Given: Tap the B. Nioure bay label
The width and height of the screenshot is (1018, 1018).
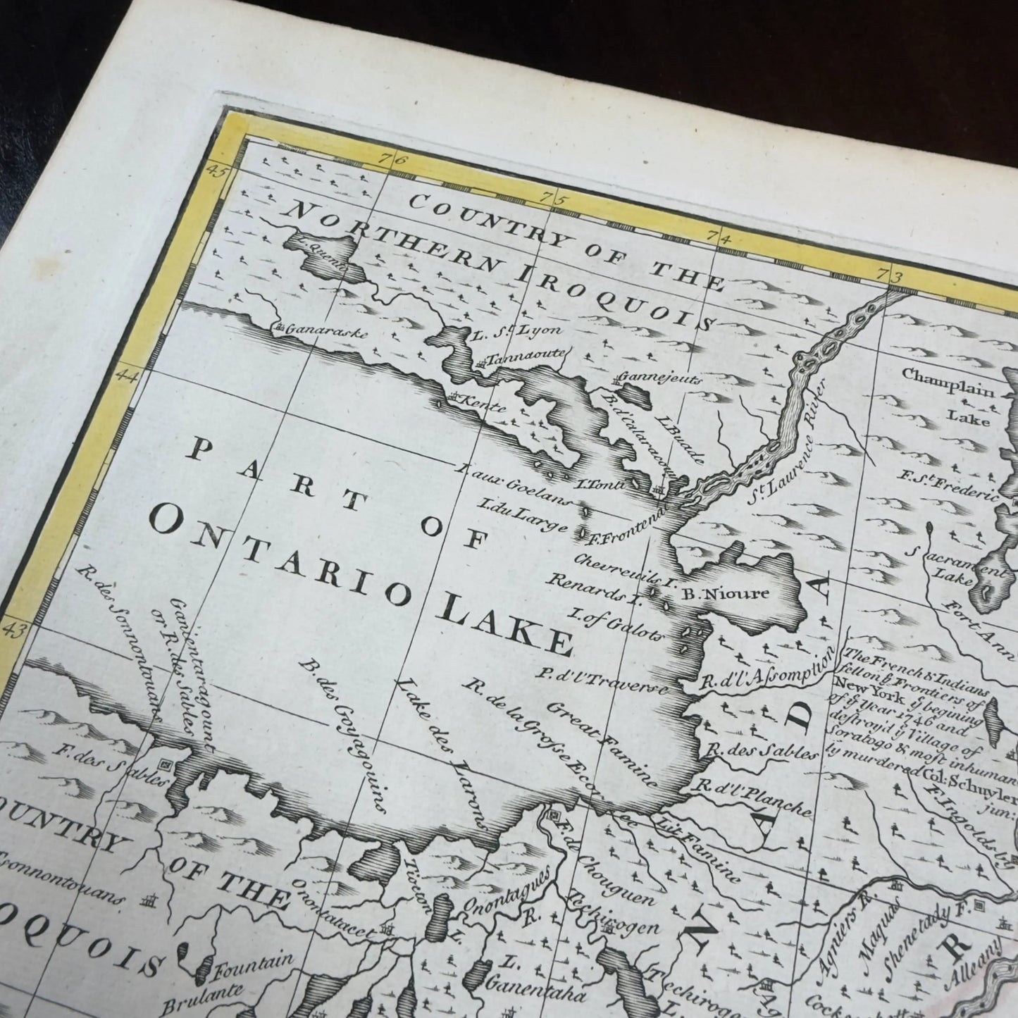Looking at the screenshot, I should click(x=726, y=593).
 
